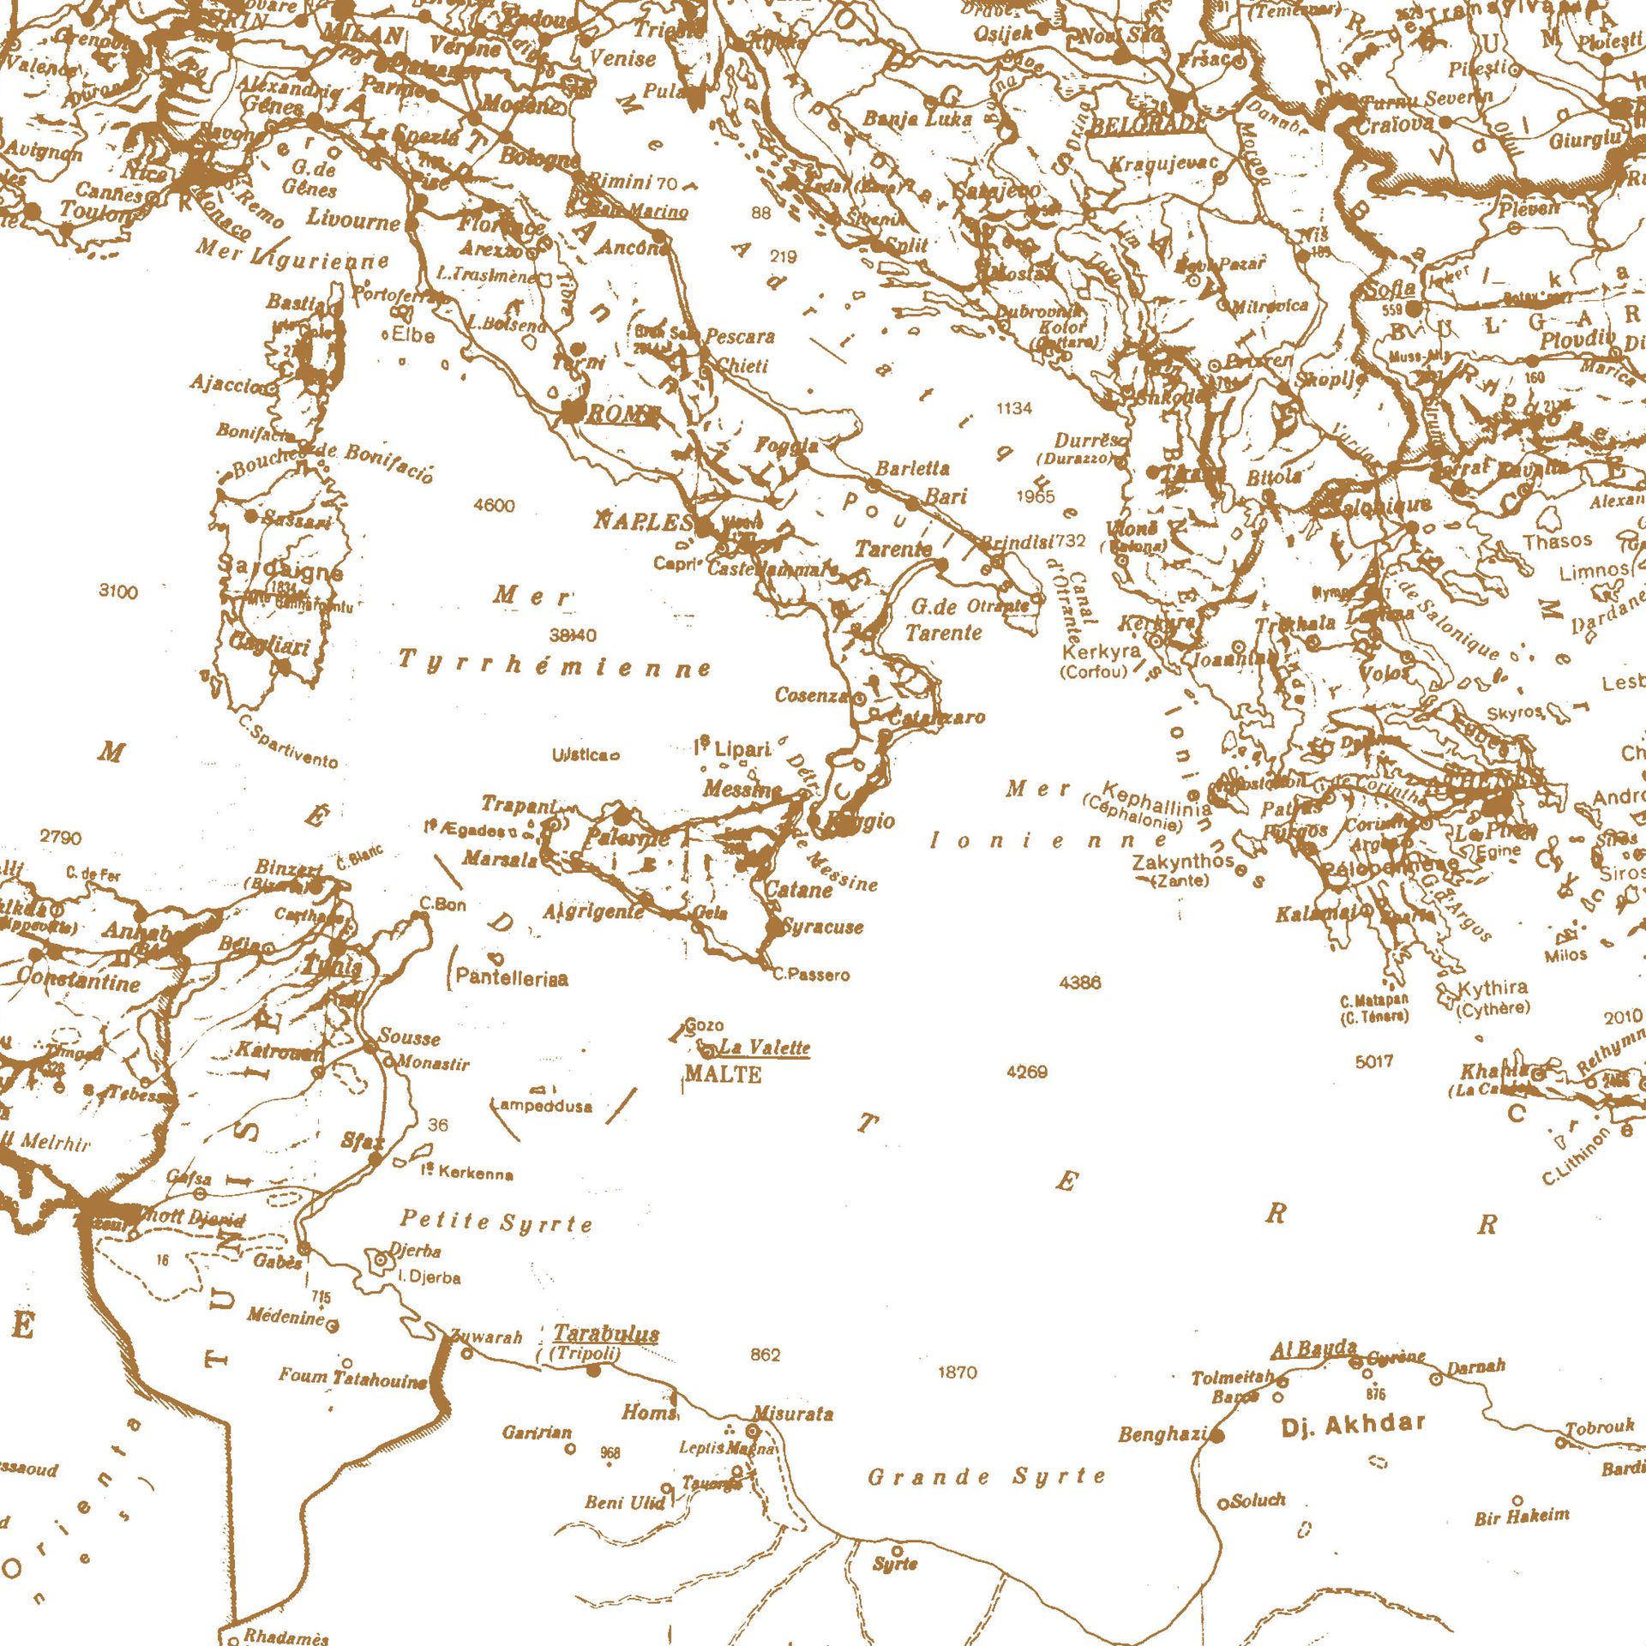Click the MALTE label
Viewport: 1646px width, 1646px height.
pyautogui.click(x=723, y=1074)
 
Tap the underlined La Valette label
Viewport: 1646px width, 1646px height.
pyautogui.click(x=764, y=1048)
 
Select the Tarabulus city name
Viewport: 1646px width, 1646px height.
pyautogui.click(x=606, y=1333)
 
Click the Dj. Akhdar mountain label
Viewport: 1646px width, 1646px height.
pyautogui.click(x=1353, y=1426)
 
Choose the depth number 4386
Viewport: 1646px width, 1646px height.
pyautogui.click(x=1080, y=982)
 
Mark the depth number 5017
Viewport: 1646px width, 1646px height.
pyautogui.click(x=1374, y=1061)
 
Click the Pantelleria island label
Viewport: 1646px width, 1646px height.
pyautogui.click(x=512, y=977)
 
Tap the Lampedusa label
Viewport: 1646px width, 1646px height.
pyautogui.click(x=542, y=1106)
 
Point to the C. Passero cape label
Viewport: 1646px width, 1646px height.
pyautogui.click(x=811, y=975)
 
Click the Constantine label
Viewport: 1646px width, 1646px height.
pyautogui.click(x=78, y=980)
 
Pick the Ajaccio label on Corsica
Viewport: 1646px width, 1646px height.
pyautogui.click(x=226, y=383)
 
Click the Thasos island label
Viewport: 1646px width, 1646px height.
pyautogui.click(x=1557, y=541)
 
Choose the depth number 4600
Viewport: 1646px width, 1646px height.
pyautogui.click(x=494, y=506)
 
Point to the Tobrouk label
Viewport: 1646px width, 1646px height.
pyautogui.click(x=1600, y=1427)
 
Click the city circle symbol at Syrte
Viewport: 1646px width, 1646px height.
pyautogui.click(x=897, y=1551)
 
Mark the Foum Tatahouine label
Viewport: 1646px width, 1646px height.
pyautogui.click(x=352, y=1379)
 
